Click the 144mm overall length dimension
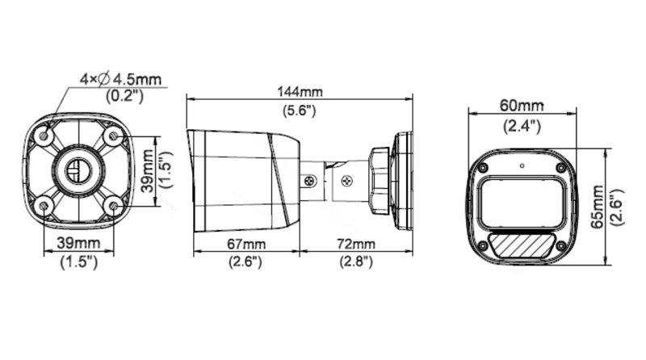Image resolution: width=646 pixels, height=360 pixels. [x=299, y=91]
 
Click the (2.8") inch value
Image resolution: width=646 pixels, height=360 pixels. [x=355, y=262]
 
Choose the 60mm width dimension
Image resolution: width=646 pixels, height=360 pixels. [x=522, y=106]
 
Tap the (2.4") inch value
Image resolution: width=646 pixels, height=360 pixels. [x=522, y=125]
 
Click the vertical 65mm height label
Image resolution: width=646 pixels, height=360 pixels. [x=598, y=207]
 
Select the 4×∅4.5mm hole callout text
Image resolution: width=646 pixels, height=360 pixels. [x=121, y=79]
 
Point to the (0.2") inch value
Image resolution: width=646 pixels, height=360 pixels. [x=124, y=96]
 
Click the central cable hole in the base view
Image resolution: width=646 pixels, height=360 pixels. [x=79, y=172]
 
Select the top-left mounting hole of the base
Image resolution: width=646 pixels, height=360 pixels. [x=46, y=138]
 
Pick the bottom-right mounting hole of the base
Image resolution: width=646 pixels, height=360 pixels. [x=113, y=206]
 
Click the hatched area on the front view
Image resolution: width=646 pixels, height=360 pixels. [x=521, y=243]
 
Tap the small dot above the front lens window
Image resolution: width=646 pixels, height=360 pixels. [x=522, y=167]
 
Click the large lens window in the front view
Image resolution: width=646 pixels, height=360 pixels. [x=521, y=202]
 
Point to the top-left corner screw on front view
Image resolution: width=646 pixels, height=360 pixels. [x=482, y=168]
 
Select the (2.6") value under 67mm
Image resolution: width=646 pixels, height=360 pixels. [x=244, y=262]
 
